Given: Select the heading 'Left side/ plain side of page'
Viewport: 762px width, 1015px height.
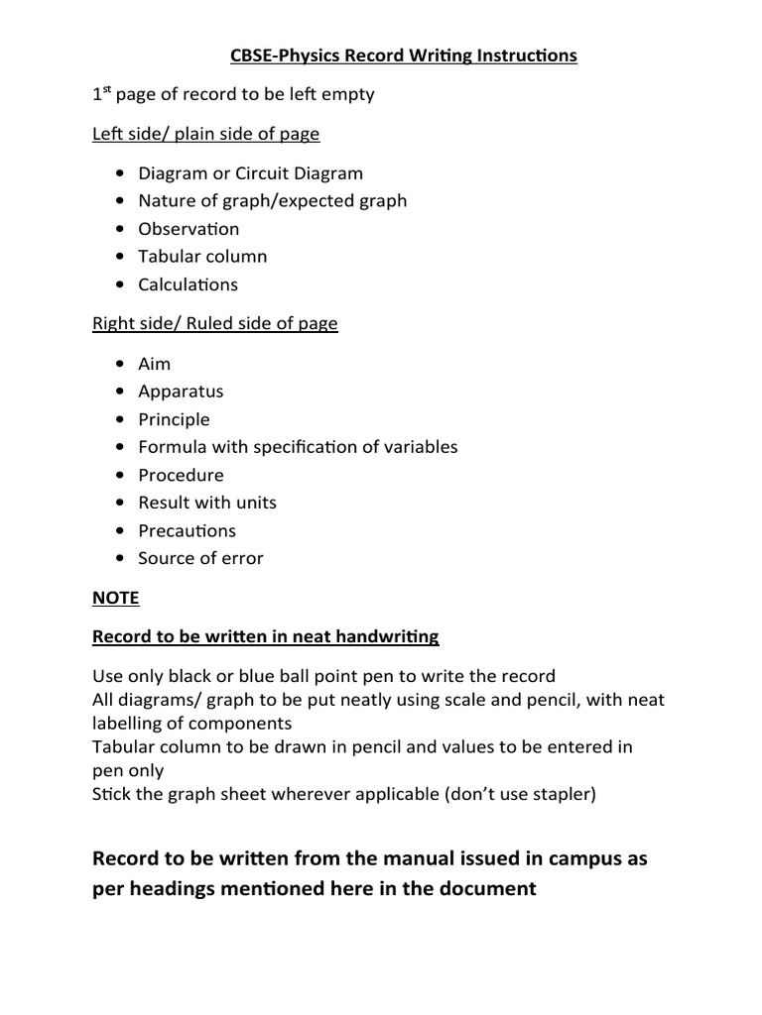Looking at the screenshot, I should tap(205, 133).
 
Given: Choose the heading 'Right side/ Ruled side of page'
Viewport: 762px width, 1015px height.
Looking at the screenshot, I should tap(214, 323).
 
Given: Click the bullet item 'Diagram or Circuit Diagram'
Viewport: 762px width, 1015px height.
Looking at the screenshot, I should tap(250, 172).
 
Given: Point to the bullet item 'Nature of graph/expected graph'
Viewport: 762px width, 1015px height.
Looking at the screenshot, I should tap(272, 200).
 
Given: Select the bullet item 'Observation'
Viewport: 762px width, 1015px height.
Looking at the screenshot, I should tap(189, 228).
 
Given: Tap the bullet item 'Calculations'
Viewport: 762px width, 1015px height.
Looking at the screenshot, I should tap(188, 284).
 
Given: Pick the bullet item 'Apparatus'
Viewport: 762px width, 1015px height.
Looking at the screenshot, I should tap(181, 391).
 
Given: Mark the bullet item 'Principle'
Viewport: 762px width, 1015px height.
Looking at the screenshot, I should tap(174, 419).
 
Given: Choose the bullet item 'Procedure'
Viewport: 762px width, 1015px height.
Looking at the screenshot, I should tap(181, 475).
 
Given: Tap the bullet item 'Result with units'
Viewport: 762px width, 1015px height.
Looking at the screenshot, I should tap(207, 503).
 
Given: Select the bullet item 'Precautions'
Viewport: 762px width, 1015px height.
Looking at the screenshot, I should tap(187, 530).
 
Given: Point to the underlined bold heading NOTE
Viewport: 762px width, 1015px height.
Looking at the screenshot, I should tap(115, 598).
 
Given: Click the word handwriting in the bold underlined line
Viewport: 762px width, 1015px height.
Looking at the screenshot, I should tap(387, 636).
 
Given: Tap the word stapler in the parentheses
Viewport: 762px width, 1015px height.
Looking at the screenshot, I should tap(557, 795).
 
